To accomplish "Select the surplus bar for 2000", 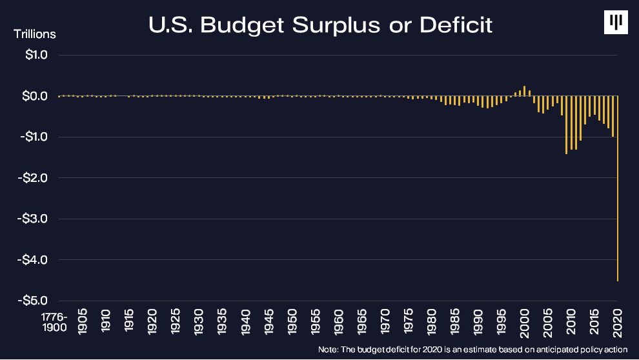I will tap(525, 91).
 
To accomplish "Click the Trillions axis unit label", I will tap(35, 34).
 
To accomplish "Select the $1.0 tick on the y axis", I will tap(35, 55).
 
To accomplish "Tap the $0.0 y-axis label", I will tap(35, 96).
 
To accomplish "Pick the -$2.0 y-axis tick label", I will tap(33, 177).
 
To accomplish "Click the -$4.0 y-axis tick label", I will tap(33, 259).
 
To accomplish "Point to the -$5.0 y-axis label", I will tap(33, 301).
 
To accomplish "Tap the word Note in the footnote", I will tap(327, 350).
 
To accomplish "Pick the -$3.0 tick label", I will tap(33, 219).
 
